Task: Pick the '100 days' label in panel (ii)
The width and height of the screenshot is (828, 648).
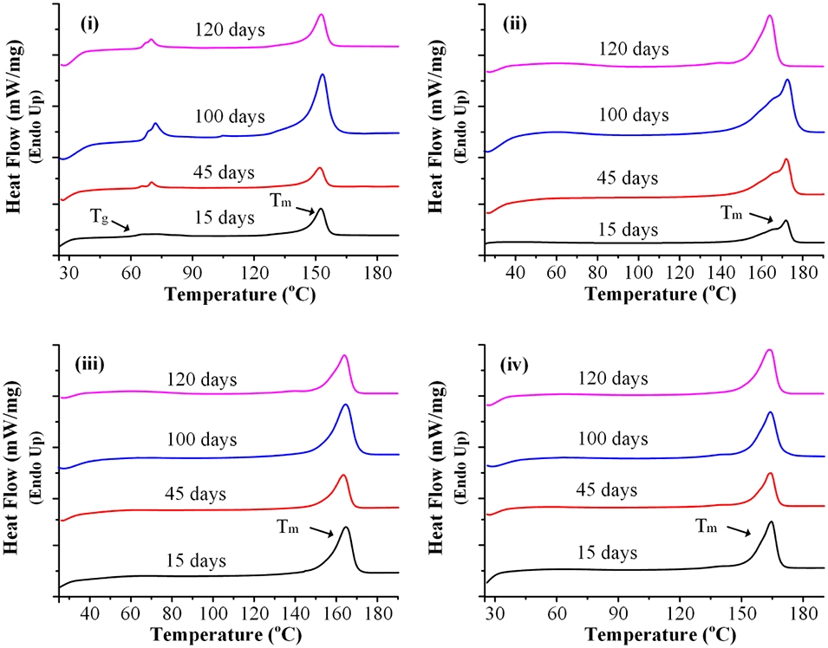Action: click(x=635, y=115)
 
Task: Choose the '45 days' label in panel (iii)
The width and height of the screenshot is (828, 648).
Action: click(x=195, y=494)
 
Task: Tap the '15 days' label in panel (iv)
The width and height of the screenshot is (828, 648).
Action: click(x=607, y=552)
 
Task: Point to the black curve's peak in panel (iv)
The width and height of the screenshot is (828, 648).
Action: click(x=770, y=522)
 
